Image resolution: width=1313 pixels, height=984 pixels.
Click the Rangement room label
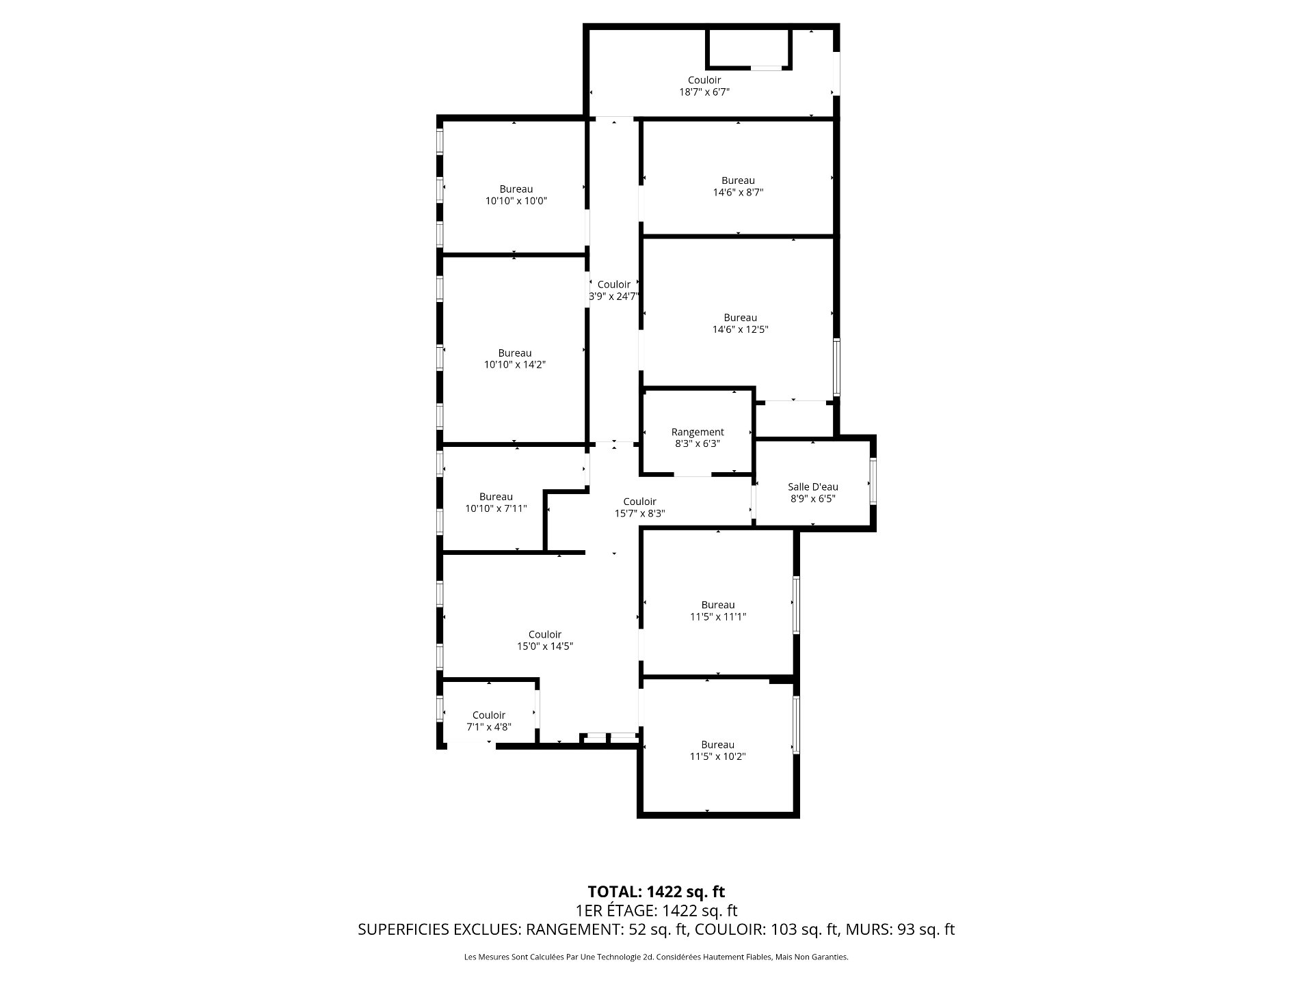tap(697, 432)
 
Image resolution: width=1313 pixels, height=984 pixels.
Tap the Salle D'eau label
tap(812, 487)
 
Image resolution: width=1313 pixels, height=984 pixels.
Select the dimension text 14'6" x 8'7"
tap(738, 193)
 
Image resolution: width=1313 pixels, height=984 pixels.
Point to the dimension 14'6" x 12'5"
tap(740, 329)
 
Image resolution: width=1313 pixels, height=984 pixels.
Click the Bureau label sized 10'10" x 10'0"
tap(516, 189)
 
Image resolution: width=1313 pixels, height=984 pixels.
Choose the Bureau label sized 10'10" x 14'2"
tap(514, 353)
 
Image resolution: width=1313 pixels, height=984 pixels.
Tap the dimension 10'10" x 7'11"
tap(496, 508)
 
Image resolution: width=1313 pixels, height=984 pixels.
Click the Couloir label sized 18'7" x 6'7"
tap(704, 80)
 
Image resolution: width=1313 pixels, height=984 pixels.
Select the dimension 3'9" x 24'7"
tap(613, 297)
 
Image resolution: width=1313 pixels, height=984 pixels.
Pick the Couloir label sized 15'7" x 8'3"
tap(639, 502)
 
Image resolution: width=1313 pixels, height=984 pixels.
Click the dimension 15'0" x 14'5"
tap(544, 646)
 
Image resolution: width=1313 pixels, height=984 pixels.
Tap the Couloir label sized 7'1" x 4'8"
tap(488, 715)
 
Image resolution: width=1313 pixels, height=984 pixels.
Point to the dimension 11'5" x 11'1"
tap(717, 616)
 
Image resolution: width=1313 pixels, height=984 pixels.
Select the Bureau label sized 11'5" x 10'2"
tap(717, 745)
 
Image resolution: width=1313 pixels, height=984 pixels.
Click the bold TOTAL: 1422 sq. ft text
tap(656, 892)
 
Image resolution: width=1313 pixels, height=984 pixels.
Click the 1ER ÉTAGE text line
tap(656, 910)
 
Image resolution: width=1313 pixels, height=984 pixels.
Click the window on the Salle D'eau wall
tap(873, 482)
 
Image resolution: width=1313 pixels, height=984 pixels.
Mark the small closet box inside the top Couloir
tap(749, 48)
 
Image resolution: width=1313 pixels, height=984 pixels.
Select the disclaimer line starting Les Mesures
tap(656, 957)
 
